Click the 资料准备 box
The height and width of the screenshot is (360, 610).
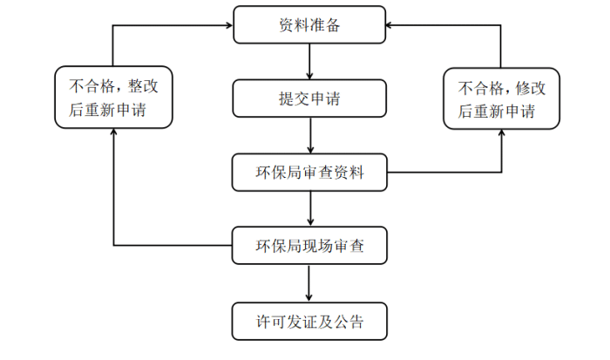pyautogui.click(x=309, y=25)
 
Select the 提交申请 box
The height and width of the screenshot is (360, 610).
pyautogui.click(x=309, y=98)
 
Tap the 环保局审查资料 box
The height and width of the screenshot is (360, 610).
pyautogui.click(x=309, y=173)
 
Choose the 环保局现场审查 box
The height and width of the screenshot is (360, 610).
pyautogui.click(x=309, y=246)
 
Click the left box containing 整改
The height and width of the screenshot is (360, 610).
pyautogui.click(x=113, y=98)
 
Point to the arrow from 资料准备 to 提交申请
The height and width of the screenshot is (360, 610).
pyautogui.click(x=309, y=62)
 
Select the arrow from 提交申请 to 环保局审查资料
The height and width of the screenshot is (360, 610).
pyautogui.click(x=309, y=135)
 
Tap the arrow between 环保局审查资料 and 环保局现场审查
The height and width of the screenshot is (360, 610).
pyautogui.click(x=309, y=209)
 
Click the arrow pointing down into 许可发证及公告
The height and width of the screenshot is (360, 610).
pyautogui.click(x=309, y=283)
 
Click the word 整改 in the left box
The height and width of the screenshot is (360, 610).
pyautogui.click(x=143, y=86)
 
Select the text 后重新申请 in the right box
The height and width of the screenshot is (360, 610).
pyautogui.click(x=496, y=111)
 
